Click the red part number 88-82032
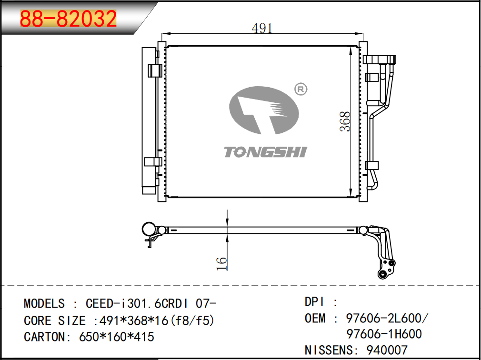click(x=68, y=19)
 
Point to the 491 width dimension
click(x=262, y=29)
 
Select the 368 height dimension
click(x=345, y=121)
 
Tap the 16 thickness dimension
click(x=221, y=263)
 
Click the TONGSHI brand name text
click(x=265, y=152)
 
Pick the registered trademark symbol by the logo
click(x=301, y=89)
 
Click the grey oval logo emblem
click(x=264, y=110)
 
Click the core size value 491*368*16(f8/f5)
click(x=157, y=321)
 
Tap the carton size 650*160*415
click(x=117, y=337)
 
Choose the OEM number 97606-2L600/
click(x=387, y=318)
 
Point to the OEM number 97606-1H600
click(x=384, y=334)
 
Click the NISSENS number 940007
click(x=387, y=350)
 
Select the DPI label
click(x=314, y=302)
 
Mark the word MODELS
click(x=44, y=304)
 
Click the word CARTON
click(x=44, y=337)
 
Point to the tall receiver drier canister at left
click(x=149, y=121)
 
